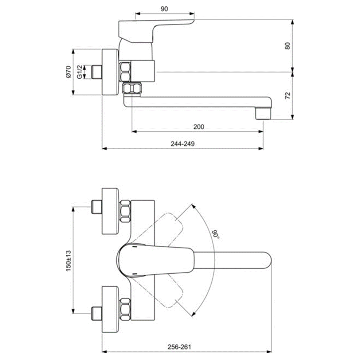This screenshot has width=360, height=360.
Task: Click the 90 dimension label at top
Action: coord(164,9)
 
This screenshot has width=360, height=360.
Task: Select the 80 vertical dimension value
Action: coord(288,46)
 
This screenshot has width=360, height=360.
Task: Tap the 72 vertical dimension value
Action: coord(288,96)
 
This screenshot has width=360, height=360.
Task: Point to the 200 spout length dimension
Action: coord(198,127)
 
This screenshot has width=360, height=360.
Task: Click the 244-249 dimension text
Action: coord(183,143)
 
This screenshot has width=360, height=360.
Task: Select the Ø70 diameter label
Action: coord(68,72)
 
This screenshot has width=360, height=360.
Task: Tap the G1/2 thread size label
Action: coord(79,72)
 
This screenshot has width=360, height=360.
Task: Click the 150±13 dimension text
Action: coord(68,260)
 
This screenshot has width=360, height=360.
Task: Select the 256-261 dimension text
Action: coord(179,346)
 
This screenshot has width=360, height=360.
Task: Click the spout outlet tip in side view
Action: coord(263,113)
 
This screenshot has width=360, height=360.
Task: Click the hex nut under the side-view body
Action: coord(132,89)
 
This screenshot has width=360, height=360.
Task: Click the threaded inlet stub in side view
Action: coord(97,72)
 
